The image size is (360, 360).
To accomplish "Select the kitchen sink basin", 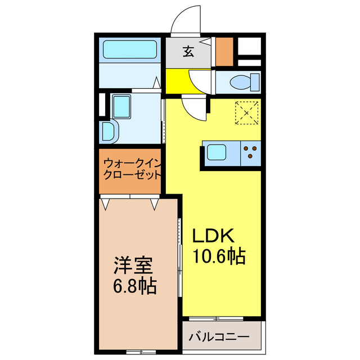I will tap(217, 152).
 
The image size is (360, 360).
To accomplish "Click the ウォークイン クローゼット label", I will tap(132, 169).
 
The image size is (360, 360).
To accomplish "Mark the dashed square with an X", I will tap(247, 112).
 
